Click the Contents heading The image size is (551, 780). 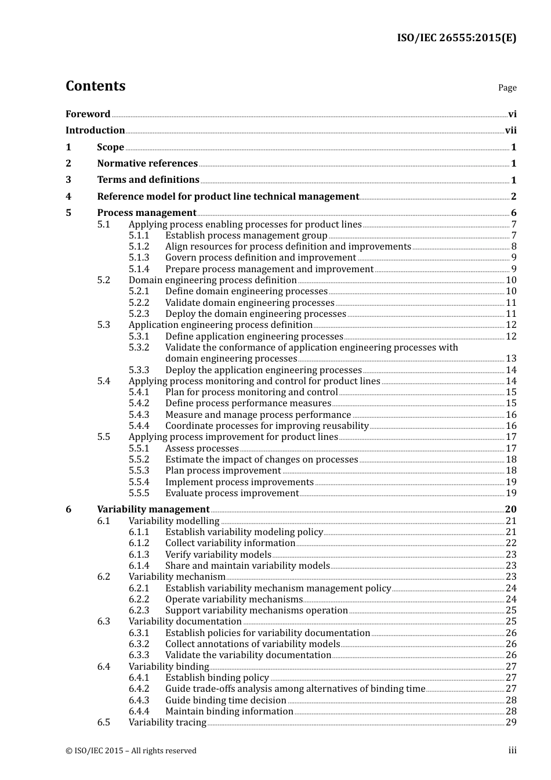(95, 86)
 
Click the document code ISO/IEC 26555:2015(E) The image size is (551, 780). (456, 38)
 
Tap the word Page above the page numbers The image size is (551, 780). (507, 88)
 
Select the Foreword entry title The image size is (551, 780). (88, 114)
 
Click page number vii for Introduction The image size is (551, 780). (510, 131)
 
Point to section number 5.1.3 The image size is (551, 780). (139, 258)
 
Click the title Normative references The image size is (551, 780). (147, 164)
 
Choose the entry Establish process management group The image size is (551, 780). (246, 236)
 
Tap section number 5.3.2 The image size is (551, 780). (139, 348)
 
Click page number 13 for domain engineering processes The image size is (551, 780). (511, 359)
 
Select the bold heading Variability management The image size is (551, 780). (153, 510)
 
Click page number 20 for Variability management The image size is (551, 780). (510, 510)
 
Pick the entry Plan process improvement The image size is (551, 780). (223, 471)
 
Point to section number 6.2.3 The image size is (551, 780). (139, 611)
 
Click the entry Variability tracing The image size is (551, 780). (167, 723)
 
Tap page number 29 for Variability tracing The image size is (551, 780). (511, 723)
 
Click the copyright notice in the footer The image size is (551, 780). (130, 751)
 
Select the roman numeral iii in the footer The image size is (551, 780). (512, 750)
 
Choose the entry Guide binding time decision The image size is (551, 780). (226, 700)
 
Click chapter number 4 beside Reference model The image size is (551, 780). (68, 197)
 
